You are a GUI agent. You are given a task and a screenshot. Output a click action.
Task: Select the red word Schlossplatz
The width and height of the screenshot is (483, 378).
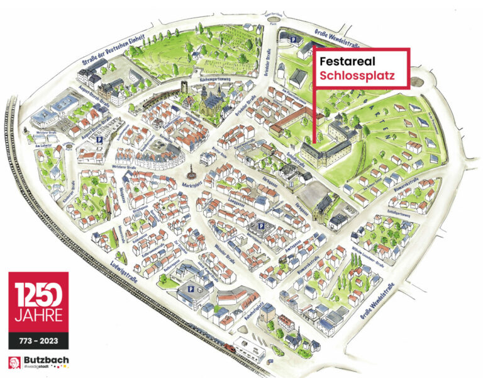click(x=356, y=78)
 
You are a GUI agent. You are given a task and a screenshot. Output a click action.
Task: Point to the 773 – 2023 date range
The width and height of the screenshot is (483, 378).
click(x=38, y=341)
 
